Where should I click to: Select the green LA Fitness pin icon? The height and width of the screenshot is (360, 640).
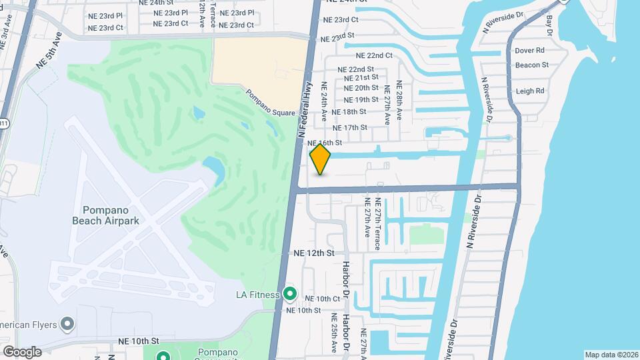click(x=290, y=293)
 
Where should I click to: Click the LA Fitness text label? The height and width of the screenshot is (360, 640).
click(x=259, y=294)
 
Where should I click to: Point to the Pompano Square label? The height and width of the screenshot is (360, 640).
click(x=269, y=103)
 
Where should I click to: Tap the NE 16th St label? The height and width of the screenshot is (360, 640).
click(x=325, y=143)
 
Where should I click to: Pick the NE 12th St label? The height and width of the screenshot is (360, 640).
click(x=314, y=253)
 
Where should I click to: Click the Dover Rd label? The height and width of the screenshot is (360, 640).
click(x=530, y=50)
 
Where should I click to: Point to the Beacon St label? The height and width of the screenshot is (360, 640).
click(x=531, y=65)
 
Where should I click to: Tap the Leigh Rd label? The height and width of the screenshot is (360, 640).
click(x=530, y=91)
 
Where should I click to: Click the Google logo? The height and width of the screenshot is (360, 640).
click(x=22, y=351)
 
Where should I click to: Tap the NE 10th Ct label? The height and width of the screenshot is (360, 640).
click(x=323, y=299)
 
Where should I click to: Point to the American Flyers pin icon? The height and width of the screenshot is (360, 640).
click(x=67, y=325)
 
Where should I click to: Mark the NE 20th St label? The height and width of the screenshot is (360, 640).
click(x=361, y=88)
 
